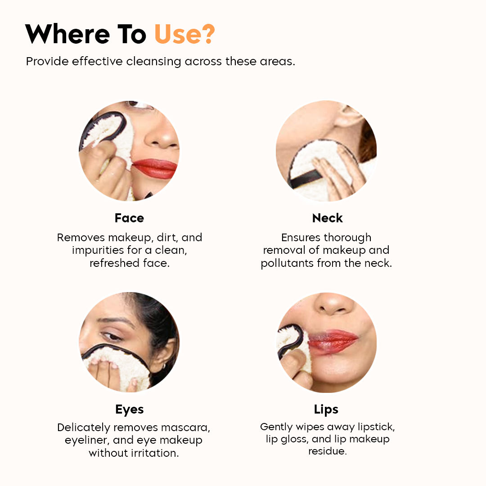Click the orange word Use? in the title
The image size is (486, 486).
pos(184,34)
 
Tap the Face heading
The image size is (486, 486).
pos(129,218)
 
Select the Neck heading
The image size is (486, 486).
pos(327,218)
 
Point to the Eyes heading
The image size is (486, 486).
pos(129,409)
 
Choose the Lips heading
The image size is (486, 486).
pos(326,409)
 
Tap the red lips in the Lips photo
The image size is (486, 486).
pos(333,341)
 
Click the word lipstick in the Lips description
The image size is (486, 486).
pos(371,427)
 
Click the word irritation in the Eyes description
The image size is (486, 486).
pos(153,453)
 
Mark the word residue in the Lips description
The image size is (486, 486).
pos(327,451)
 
